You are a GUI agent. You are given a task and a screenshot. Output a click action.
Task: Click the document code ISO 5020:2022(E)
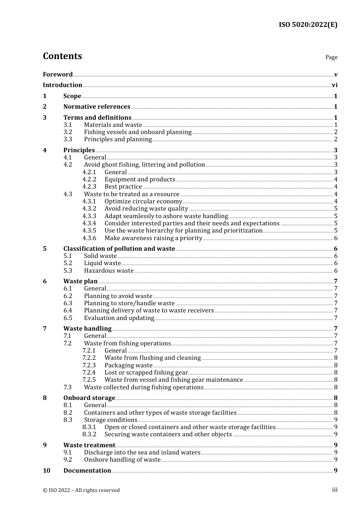click(x=308, y=25)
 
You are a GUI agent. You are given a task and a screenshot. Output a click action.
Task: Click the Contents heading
click(x=63, y=56)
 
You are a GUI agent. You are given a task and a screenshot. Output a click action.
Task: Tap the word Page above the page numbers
click(x=331, y=57)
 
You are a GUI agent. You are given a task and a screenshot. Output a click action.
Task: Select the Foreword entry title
click(x=58, y=74)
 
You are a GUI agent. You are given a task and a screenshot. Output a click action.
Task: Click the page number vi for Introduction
click(x=335, y=85)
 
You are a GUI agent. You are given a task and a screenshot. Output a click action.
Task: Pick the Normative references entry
click(x=97, y=107)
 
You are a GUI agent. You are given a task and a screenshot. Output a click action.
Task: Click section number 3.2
click(x=68, y=132)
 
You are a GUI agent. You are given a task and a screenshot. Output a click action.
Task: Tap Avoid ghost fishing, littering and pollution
click(x=144, y=165)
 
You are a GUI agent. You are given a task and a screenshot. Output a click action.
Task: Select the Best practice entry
click(x=123, y=187)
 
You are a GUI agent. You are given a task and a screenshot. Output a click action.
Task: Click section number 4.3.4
click(x=89, y=223)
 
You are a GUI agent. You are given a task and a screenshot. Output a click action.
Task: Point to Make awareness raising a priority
click(x=153, y=238)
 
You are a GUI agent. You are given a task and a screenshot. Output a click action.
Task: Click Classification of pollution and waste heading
click(x=119, y=249)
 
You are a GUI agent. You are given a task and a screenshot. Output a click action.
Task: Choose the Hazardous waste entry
click(x=109, y=271)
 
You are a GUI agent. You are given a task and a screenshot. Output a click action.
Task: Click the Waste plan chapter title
click(x=80, y=281)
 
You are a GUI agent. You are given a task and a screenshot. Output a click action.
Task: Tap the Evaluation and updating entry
click(x=119, y=318)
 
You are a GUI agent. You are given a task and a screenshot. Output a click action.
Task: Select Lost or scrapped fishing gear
click(x=146, y=373)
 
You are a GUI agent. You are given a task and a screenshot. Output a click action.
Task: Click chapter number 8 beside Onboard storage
click(x=45, y=398)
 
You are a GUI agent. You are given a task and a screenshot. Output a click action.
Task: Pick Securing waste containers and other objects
click(x=168, y=434)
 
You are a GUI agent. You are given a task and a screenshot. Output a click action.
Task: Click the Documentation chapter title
click(x=87, y=471)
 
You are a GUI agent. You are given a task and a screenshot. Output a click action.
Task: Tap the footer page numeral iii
click(x=335, y=490)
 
